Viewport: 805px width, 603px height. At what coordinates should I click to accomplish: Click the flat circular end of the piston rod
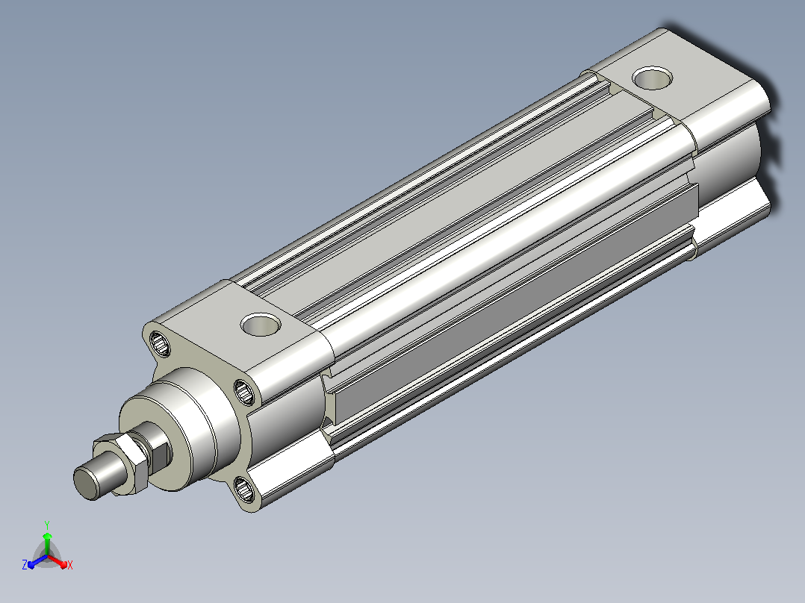(x=85, y=483)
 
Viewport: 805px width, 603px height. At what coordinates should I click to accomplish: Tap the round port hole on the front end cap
(x=261, y=325)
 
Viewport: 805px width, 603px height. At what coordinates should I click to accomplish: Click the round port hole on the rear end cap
(x=653, y=78)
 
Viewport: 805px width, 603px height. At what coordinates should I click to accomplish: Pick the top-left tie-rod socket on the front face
(x=160, y=343)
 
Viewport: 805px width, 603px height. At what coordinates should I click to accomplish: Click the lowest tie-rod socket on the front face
(x=244, y=489)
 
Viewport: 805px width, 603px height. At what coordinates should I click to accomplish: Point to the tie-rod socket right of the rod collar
(x=244, y=392)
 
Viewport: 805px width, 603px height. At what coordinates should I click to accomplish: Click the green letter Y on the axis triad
(x=47, y=525)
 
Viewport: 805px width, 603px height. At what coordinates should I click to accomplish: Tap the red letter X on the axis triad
(x=70, y=565)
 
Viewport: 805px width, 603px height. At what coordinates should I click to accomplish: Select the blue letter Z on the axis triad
(x=25, y=565)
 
